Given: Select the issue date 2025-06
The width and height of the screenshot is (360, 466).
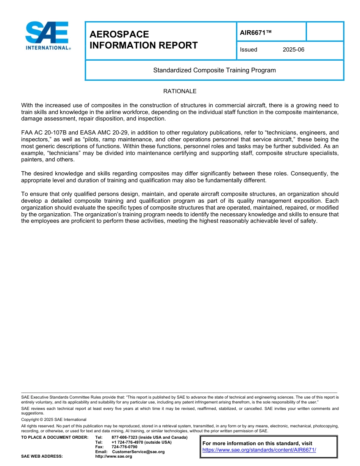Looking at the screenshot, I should click(x=293, y=50).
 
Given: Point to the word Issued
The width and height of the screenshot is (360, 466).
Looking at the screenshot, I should click(x=249, y=50).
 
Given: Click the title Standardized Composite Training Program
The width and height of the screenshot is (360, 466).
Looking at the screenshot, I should click(x=214, y=70).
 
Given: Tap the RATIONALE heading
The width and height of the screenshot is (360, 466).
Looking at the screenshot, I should click(x=180, y=91).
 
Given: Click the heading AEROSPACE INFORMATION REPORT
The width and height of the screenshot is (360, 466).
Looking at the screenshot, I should click(x=144, y=40).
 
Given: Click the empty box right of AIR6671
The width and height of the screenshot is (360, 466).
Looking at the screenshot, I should click(x=325, y=31).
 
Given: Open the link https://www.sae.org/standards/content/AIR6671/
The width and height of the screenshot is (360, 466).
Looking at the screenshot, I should click(x=259, y=450).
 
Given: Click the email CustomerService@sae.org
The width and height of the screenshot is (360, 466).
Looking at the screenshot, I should click(x=138, y=452).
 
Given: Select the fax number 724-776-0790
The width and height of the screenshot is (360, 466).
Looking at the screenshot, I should click(x=124, y=447).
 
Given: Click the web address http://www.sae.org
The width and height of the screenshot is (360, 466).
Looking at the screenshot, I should click(x=113, y=457).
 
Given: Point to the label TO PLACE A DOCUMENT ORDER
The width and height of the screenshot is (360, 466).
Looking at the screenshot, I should click(x=55, y=438).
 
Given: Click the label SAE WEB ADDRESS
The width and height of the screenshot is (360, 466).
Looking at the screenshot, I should click(x=42, y=457).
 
